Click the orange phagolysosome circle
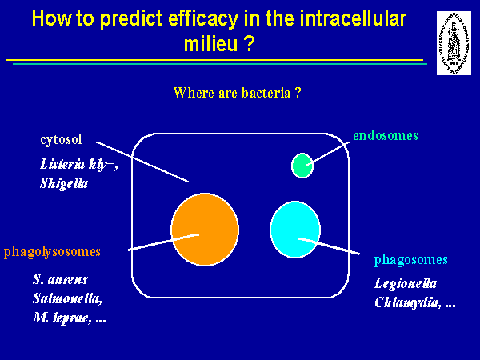click(205, 229)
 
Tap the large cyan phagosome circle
click(296, 230)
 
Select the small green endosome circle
click(302, 166)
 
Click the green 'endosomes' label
click(385, 135)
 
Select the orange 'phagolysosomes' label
click(53, 252)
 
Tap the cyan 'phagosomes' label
click(410, 260)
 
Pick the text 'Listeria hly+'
click(77, 164)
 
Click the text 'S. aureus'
click(61, 280)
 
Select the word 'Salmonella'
click(66, 298)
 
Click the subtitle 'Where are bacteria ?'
click(237, 93)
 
